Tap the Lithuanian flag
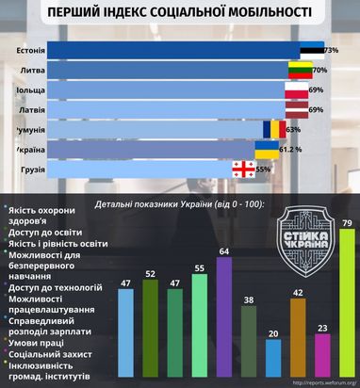coord(299,70)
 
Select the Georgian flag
coord(244,170)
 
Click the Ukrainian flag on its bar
coord(267,149)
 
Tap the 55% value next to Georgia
coord(264,170)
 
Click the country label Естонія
coord(32,50)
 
